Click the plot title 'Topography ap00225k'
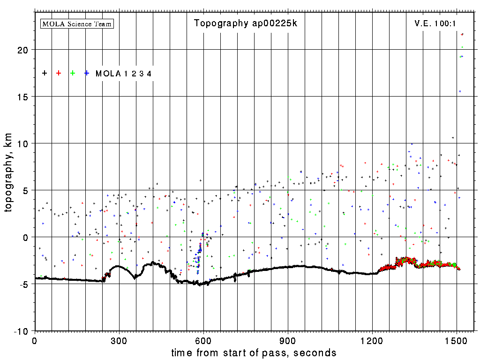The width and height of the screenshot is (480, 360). point(246,23)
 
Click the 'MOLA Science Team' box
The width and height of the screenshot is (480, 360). point(77,23)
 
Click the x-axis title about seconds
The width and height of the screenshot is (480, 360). point(254,352)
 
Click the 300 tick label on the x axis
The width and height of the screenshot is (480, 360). point(119,340)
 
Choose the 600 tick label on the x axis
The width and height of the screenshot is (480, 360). point(203,340)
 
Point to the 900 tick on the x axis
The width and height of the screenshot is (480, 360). point(288,340)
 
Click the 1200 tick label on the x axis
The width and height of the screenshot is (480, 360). point(372,340)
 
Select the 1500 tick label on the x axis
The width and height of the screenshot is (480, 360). point(457,340)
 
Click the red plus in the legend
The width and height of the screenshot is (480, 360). point(59,73)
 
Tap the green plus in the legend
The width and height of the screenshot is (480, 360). point(73,73)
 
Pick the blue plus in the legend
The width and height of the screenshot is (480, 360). point(87,73)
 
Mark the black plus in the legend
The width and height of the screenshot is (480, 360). point(45,73)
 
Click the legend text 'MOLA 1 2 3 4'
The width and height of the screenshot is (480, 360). point(123,74)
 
